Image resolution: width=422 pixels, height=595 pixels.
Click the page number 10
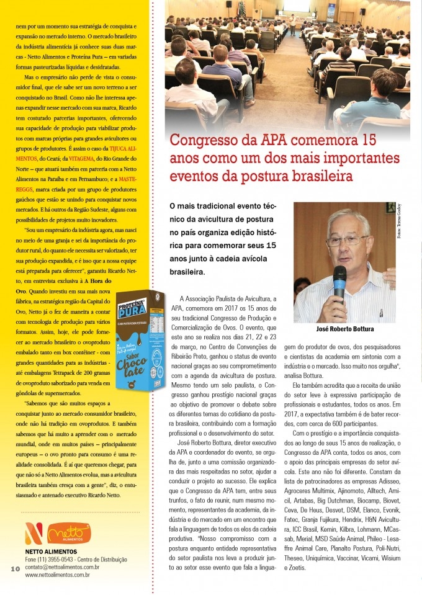[x=15, y=569]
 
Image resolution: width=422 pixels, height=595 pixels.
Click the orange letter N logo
[x=34, y=532]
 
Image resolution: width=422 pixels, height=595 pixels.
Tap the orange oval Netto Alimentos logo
[x=65, y=532]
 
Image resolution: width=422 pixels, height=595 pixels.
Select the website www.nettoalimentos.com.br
[x=57, y=575]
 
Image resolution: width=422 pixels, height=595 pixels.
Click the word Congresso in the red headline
[x=205, y=139]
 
